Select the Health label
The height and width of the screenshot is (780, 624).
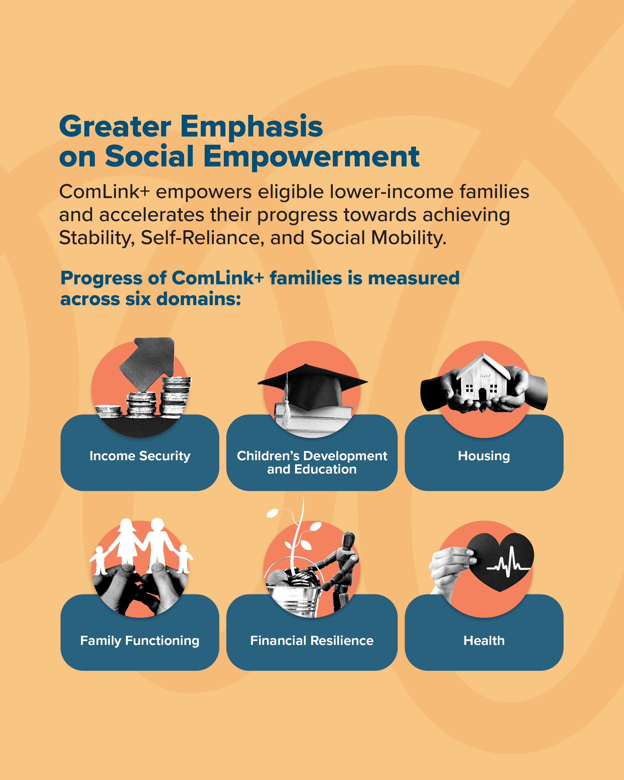(484, 641)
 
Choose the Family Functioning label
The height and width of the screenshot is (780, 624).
(139, 641)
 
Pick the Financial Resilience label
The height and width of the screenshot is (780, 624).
(312, 641)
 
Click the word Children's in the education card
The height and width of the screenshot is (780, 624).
(268, 456)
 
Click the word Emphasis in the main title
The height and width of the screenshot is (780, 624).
(252, 126)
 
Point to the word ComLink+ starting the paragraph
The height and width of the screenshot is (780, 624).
(105, 192)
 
